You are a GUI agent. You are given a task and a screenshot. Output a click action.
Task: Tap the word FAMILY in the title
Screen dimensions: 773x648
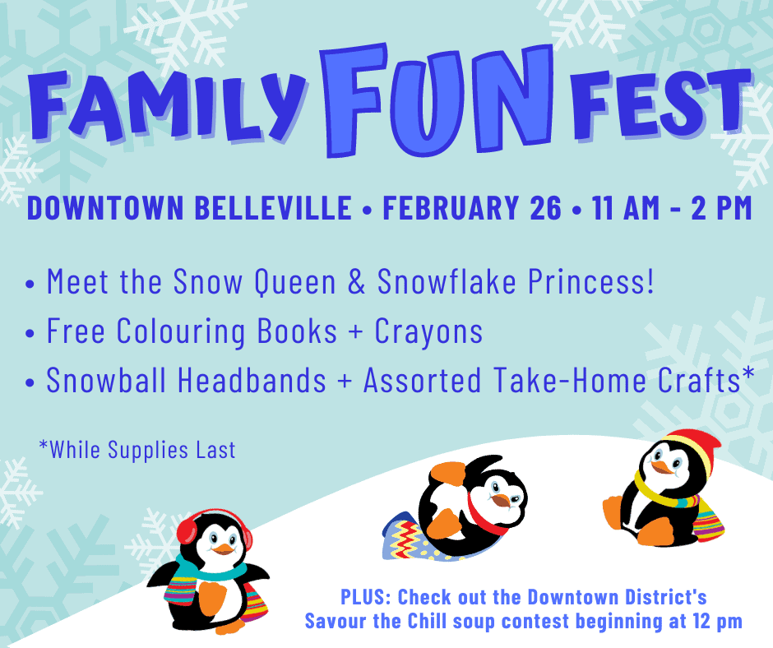(x=168, y=105)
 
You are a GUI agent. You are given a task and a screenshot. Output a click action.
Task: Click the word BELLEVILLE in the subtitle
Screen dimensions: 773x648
(x=273, y=207)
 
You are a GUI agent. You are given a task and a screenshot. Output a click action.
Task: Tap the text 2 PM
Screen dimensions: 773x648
(x=721, y=207)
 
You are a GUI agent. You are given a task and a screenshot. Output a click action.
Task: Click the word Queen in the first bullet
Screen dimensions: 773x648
(x=294, y=282)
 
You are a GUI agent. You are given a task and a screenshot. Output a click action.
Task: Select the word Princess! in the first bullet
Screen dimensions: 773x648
(x=591, y=281)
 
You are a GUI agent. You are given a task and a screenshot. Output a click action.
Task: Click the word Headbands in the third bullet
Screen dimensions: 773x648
(x=252, y=380)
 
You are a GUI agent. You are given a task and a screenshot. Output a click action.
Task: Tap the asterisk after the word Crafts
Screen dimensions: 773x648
(x=748, y=373)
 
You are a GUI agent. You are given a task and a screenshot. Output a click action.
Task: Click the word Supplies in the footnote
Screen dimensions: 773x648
(x=148, y=451)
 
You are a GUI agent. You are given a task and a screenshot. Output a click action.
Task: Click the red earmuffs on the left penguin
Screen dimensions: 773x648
(x=215, y=531)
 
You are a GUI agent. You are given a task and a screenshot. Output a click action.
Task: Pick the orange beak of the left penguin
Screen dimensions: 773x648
(x=224, y=548)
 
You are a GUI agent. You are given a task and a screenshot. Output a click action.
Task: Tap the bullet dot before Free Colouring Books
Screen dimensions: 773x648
(x=30, y=333)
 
